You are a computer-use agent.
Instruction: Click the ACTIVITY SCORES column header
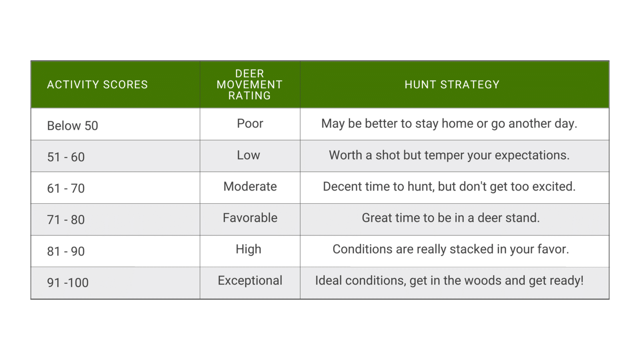tap(98, 84)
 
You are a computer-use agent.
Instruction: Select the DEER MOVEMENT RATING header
tap(250, 84)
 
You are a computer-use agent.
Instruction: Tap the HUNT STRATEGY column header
tap(452, 84)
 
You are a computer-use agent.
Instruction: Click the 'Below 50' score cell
tap(72, 126)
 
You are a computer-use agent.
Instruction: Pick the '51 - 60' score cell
tap(66, 157)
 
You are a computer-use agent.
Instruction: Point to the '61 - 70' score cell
tap(66, 188)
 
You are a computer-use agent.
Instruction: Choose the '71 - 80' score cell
tap(66, 220)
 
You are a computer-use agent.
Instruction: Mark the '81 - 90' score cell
tap(66, 252)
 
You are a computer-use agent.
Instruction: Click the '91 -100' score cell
tap(68, 283)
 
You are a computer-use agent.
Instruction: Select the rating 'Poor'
tap(250, 124)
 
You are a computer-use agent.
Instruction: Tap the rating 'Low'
tap(248, 155)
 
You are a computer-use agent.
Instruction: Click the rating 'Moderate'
tap(250, 186)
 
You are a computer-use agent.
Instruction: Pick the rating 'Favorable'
tap(250, 218)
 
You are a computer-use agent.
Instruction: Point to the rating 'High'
tap(248, 250)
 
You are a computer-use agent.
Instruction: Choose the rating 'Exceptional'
tap(250, 281)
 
